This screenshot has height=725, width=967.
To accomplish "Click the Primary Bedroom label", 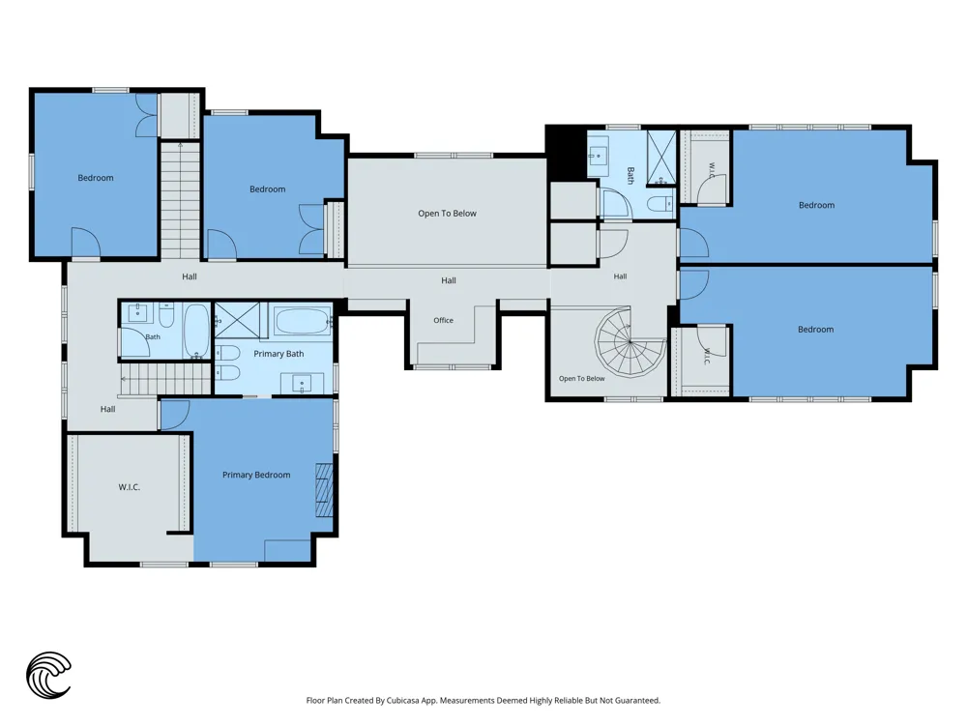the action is point(256,475).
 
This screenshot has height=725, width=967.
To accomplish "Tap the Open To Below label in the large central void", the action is point(447,214).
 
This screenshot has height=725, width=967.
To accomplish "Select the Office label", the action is point(443,320).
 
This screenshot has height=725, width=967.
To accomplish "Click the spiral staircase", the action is point(630,341).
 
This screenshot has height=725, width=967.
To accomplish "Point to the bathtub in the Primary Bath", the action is point(302,321).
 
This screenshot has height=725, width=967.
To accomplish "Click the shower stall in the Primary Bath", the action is point(237,319).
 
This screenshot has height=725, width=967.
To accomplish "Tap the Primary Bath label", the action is point(278,354).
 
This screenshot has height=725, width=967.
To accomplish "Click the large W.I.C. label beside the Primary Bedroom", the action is point(129,487).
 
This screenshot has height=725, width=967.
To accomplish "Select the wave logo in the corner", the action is point(48,675).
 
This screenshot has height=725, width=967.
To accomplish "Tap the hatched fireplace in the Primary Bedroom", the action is point(324,489).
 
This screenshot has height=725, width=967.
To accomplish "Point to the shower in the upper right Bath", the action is point(661,158).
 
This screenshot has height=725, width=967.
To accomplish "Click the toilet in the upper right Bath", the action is point(660,203).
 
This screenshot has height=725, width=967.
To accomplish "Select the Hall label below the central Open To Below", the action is point(449,280).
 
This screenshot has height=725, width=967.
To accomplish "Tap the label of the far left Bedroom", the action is point(96,178).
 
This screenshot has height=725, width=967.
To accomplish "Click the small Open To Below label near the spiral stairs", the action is point(581,379).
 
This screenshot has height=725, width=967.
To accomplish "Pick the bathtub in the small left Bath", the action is point(196,331).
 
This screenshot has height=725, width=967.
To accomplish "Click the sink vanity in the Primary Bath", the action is point(302,384).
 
